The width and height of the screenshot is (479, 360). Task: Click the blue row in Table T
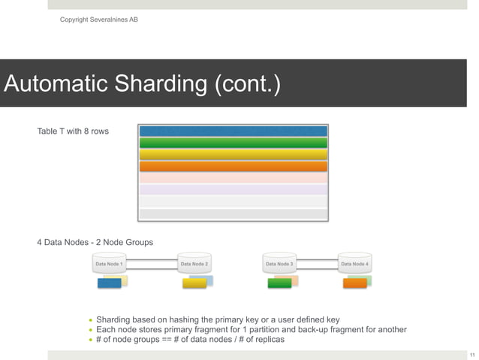tap(233, 131)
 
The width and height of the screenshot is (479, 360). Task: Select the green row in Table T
tap(233, 143)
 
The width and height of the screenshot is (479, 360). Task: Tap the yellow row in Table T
tap(233, 154)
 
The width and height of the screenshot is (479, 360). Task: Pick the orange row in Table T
tap(233, 166)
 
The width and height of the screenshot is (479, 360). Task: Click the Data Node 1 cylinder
tap(110, 264)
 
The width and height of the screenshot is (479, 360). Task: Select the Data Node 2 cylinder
tap(194, 264)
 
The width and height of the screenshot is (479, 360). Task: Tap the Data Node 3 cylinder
tap(279, 264)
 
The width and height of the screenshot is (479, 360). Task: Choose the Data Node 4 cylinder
tap(354, 264)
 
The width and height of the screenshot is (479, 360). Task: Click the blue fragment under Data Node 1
tap(109, 283)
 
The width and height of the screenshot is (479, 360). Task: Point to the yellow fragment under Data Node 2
tap(194, 283)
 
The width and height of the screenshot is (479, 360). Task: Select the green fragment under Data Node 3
tap(279, 283)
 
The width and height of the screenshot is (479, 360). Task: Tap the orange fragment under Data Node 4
tap(354, 283)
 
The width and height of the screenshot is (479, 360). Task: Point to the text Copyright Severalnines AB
tap(98, 19)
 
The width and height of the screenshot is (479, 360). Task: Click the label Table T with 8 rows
tap(73, 132)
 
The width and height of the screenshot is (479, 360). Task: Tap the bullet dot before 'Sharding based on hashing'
tap(90, 320)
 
